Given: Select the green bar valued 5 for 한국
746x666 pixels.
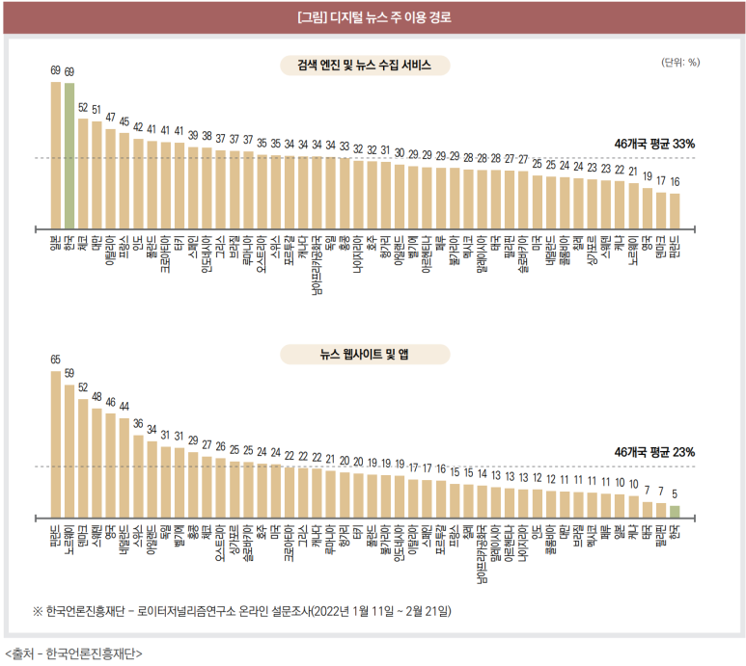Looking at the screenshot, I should pyautogui.click(x=675, y=512).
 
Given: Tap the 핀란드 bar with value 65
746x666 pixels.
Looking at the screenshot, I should pyautogui.click(x=56, y=444).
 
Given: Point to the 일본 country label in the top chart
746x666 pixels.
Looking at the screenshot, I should pyautogui.click(x=56, y=237).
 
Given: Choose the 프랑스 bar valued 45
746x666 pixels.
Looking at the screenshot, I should pyautogui.click(x=124, y=178).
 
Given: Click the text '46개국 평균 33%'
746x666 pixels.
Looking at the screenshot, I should pyautogui.click(x=654, y=144).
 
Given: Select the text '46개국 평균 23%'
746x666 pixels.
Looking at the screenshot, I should pyautogui.click(x=654, y=452).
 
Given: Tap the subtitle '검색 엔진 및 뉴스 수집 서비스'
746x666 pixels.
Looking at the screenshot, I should pyautogui.click(x=365, y=66).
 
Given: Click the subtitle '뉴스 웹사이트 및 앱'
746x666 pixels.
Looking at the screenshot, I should pyautogui.click(x=365, y=355).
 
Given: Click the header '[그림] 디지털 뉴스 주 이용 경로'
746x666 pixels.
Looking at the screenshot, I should pyautogui.click(x=373, y=17).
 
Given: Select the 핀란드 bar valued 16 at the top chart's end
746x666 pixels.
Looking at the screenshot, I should pyautogui.click(x=675, y=207).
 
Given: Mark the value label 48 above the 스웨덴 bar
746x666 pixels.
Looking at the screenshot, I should pyautogui.click(x=97, y=396).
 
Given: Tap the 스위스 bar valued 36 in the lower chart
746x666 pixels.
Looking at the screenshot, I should pyautogui.click(x=138, y=473).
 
